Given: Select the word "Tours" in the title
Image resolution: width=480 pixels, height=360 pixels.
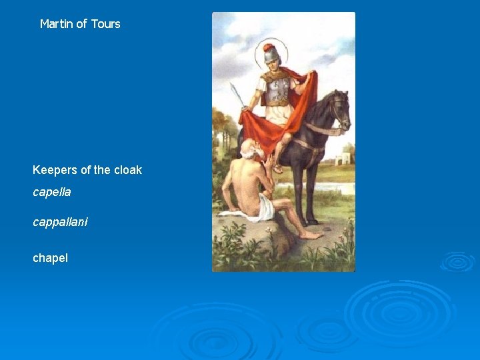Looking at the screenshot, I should (105, 24).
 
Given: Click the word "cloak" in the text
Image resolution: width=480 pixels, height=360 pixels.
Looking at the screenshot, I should (127, 170).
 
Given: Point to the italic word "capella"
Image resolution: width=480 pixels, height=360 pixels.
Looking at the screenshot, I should (52, 192).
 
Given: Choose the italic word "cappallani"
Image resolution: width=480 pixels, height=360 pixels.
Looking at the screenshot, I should (60, 221).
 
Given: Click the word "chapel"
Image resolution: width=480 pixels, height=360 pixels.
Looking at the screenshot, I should (50, 257).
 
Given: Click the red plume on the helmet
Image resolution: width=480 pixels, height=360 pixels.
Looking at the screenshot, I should (269, 47).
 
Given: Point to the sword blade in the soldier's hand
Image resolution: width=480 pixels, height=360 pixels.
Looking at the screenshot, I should (237, 94).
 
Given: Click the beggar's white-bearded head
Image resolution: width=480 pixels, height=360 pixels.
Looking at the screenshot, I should (248, 150).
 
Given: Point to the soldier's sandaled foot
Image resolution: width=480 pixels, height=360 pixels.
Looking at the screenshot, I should (277, 167).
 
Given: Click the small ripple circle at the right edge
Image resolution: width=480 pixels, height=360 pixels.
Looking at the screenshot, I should (457, 261).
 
